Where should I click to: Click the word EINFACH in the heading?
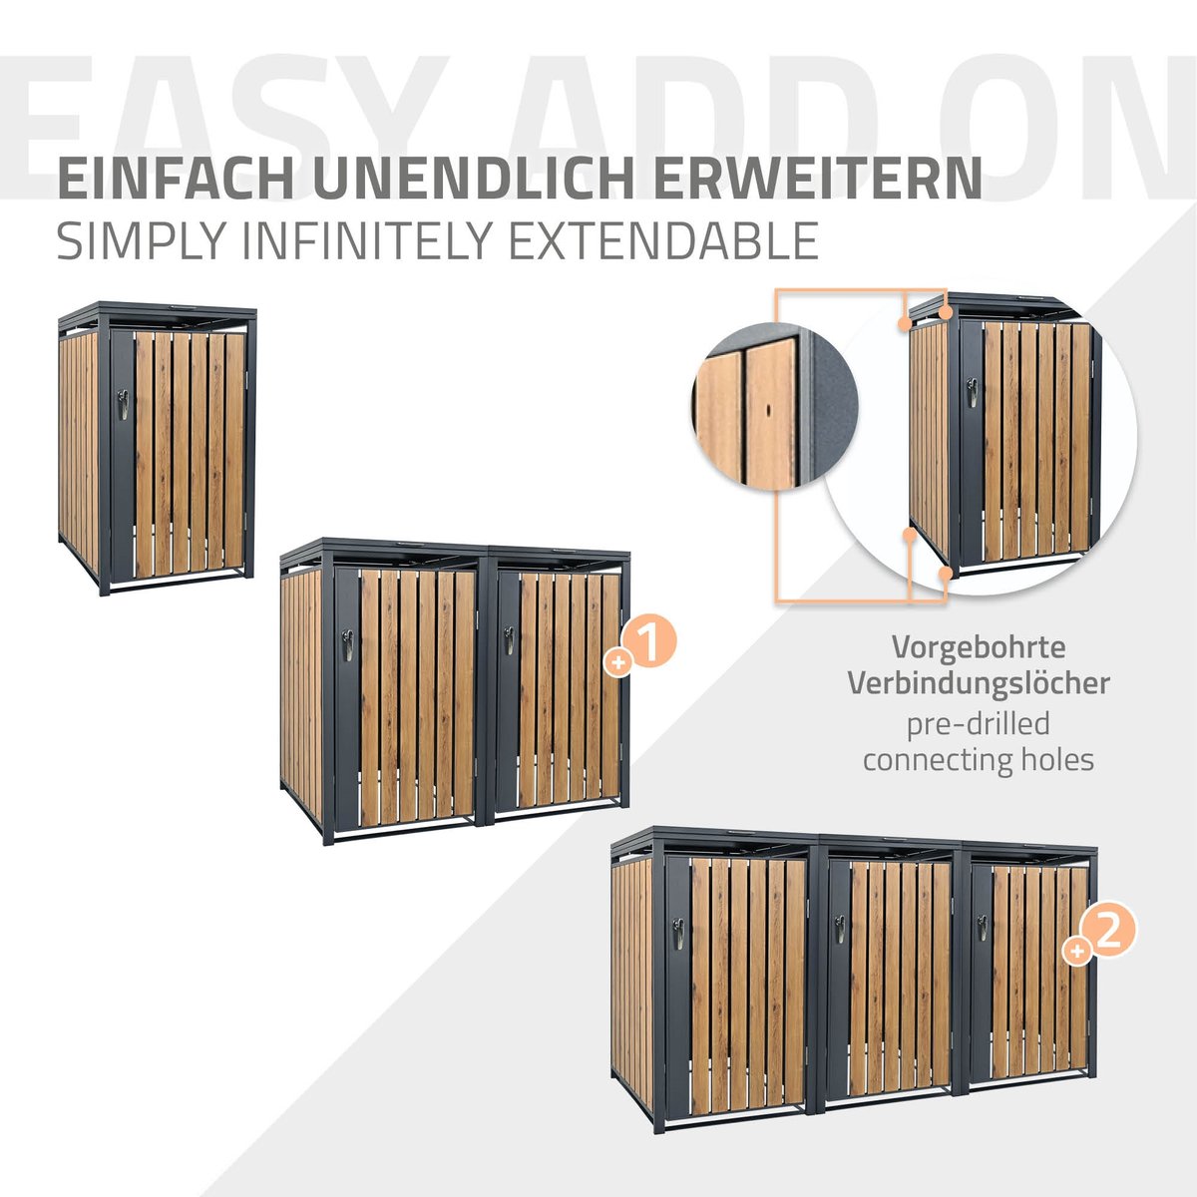[176, 179]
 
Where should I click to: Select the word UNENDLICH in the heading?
[478, 179]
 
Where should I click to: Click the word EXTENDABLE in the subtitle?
[663, 240]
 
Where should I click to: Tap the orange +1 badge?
[640, 648]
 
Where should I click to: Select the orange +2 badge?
[1099, 937]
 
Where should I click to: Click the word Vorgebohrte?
[979, 648]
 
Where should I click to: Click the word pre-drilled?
[979, 723]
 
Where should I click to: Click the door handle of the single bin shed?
[123, 404]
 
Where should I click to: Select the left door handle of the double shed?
[347, 645]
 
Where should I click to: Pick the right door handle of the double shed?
[509, 640]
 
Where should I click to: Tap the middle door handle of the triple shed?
[840, 930]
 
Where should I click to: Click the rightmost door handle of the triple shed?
[983, 928]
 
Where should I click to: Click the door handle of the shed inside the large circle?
[973, 393]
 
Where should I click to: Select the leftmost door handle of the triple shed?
[679, 935]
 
